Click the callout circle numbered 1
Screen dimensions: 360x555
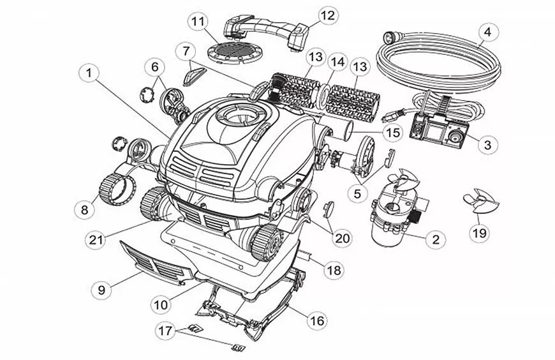[90, 74]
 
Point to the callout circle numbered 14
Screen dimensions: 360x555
[337, 63]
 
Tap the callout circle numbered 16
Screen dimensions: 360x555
[316, 320]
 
